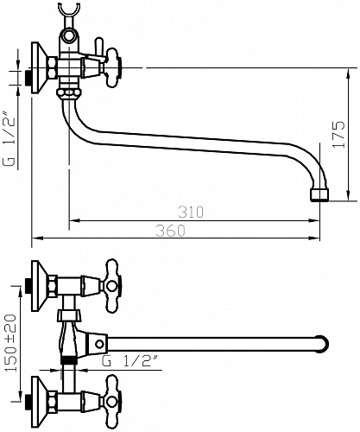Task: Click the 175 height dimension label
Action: pos(338,135)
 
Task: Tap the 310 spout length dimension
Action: pos(191,212)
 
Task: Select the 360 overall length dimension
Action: pos(171,231)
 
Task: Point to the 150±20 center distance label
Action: pos(10,342)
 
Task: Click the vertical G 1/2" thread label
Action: pos(9,142)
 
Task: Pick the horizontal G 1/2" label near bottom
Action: pos(130,361)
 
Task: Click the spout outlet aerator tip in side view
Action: pos(319,194)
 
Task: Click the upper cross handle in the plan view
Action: pos(112,286)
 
